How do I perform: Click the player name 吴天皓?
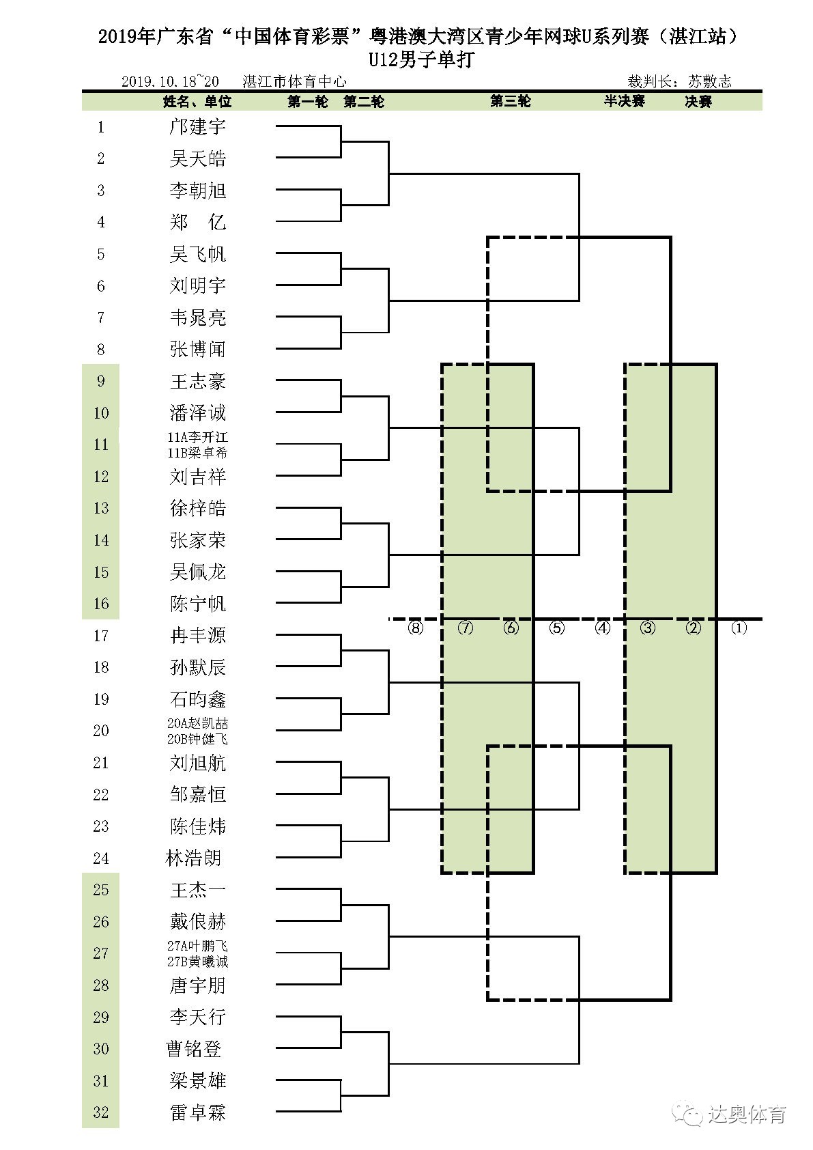pos(197,159)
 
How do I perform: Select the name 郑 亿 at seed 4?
pos(197,223)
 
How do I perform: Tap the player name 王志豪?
pos(197,381)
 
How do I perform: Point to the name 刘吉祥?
pos(197,477)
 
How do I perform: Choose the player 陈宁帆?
pos(197,604)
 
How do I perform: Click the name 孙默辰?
pos(197,667)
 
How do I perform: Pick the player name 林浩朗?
pos(193,858)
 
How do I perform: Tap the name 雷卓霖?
pos(197,1112)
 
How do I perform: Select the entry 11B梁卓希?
pos(197,453)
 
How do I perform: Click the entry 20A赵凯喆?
pos(197,723)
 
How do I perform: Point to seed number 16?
pos(101,604)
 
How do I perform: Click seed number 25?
pos(101,890)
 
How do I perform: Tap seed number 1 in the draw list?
pos(101,127)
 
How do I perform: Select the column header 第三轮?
pos(510,102)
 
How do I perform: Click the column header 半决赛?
pos(624,102)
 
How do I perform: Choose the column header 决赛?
pos(698,102)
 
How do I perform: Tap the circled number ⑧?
pos(415,628)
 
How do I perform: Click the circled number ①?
pos(739,628)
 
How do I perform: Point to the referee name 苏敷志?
pos(709,82)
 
